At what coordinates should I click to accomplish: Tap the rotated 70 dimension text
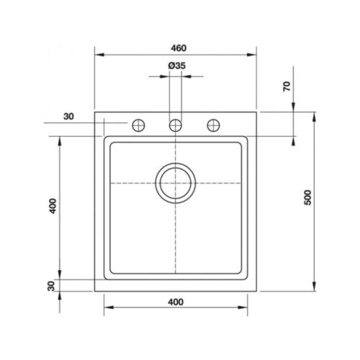pyautogui.click(x=287, y=86)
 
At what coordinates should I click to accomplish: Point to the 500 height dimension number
pyautogui.click(x=307, y=199)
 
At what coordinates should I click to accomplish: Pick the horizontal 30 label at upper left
pyautogui.click(x=68, y=117)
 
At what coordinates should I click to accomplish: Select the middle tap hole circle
pyautogui.click(x=176, y=125)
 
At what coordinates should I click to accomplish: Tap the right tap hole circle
pyautogui.click(x=213, y=125)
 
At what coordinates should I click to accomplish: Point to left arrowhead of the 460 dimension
pyautogui.click(x=99, y=55)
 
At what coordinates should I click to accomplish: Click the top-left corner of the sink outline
pyautogui.click(x=95, y=112)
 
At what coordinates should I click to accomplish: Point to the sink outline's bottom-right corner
pyautogui.click(x=258, y=290)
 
